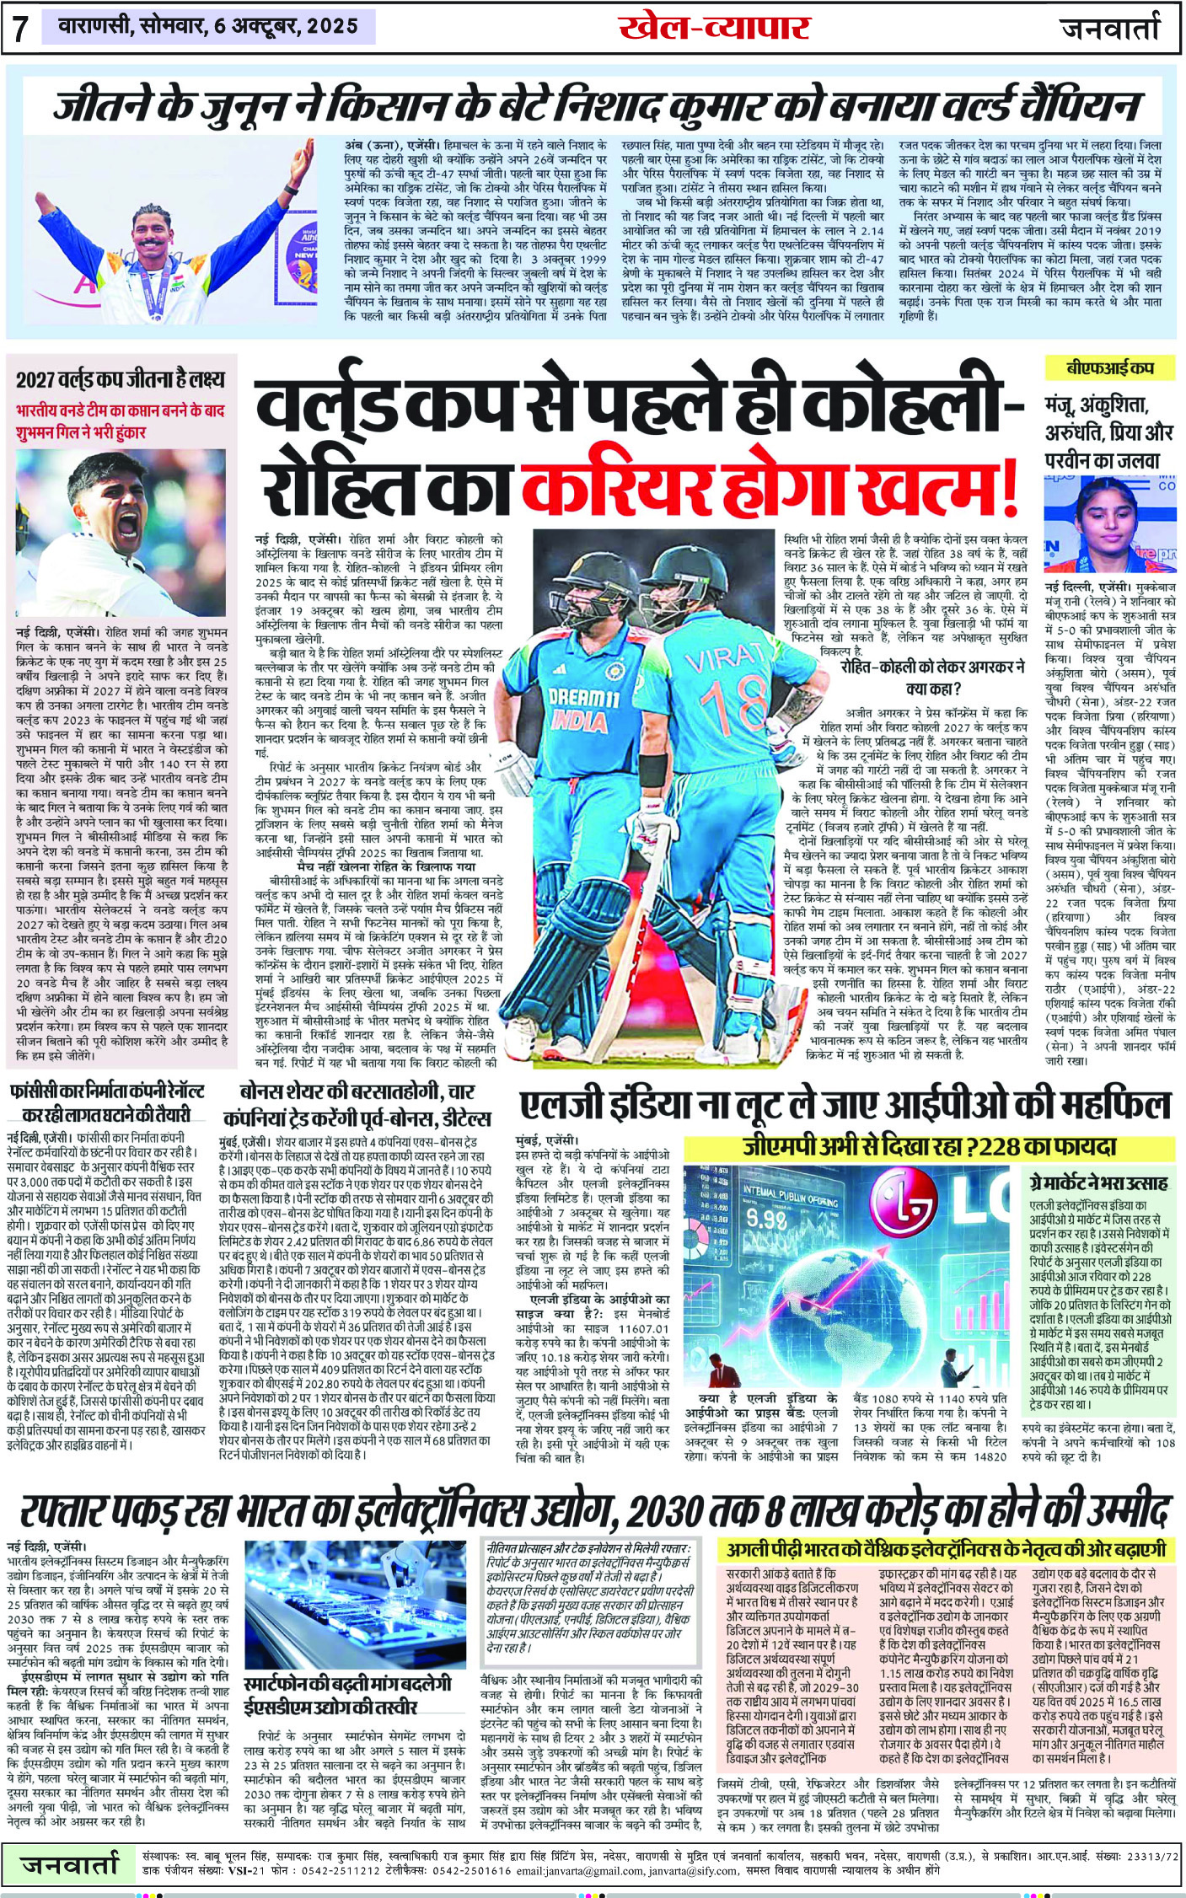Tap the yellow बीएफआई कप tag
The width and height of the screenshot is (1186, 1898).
tap(1108, 368)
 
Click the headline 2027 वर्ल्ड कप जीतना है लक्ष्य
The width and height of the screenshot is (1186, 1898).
tap(120, 379)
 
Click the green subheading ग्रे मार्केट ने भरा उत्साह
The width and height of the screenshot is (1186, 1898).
tap(1097, 1182)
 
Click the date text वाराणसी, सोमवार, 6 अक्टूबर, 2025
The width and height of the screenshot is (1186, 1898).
tap(208, 27)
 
